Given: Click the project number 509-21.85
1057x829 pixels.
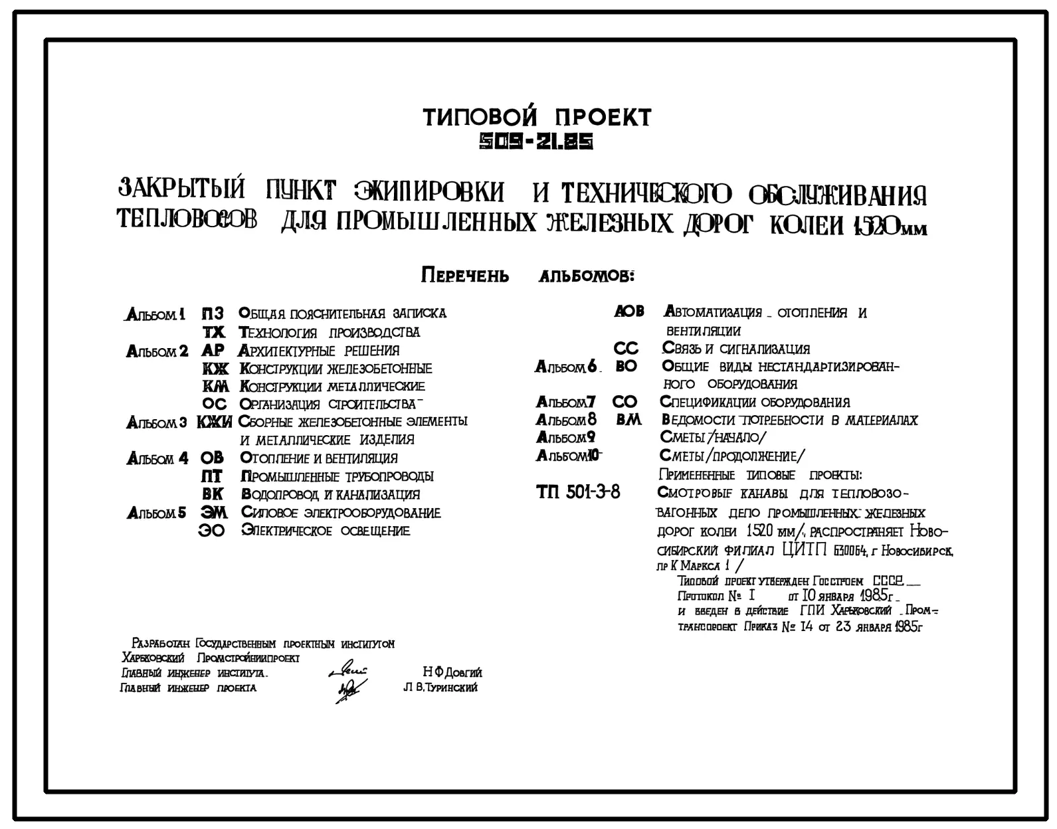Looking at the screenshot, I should pos(537,141).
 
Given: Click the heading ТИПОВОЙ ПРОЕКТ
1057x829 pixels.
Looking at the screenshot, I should pos(537,118).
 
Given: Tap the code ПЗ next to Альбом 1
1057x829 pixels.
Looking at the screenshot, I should pos(213,313).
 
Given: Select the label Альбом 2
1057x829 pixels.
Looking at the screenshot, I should pos(157,351).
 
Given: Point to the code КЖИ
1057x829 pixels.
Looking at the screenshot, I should pos(214,422).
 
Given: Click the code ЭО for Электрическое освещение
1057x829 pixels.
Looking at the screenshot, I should pos(212,531).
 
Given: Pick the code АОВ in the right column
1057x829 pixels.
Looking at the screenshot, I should pos(628,311).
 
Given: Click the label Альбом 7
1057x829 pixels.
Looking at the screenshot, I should pos(565,402).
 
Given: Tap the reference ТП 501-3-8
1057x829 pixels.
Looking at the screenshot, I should pos(578,492).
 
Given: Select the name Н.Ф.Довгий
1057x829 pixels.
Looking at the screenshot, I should pos(452,672).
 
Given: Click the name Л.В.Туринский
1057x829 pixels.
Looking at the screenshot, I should pos(440,688).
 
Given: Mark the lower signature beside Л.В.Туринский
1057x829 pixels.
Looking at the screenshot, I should pos(348,690).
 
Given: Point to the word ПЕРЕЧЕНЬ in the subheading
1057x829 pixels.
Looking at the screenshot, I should pos(465,276).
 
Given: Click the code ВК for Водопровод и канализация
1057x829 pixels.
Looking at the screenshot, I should pos(213,494).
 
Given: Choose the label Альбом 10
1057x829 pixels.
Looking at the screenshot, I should pos(568,456).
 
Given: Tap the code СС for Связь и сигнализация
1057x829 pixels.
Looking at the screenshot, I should pos(626,348).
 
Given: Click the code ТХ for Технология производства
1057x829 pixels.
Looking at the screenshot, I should pos(214,331).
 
